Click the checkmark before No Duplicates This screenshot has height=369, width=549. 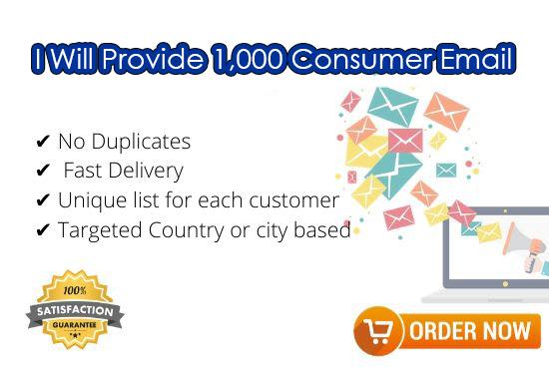point(43,142)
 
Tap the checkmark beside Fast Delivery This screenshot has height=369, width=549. point(43,172)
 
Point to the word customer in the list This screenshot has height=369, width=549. point(289,200)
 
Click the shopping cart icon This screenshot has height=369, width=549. point(377,330)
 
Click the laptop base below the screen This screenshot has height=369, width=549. point(489,296)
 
